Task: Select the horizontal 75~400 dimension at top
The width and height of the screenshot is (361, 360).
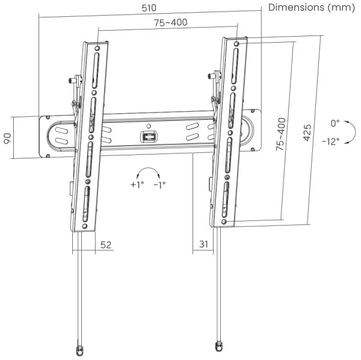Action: click(x=169, y=22)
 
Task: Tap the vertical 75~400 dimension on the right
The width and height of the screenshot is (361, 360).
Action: click(x=281, y=134)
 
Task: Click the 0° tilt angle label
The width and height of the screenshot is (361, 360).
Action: click(x=335, y=123)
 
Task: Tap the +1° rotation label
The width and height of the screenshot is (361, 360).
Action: click(x=137, y=185)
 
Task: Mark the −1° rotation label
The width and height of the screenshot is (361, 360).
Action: click(x=159, y=185)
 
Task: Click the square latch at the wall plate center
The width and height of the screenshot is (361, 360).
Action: click(x=149, y=137)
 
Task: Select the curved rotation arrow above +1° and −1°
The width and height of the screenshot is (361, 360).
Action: click(x=148, y=171)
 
